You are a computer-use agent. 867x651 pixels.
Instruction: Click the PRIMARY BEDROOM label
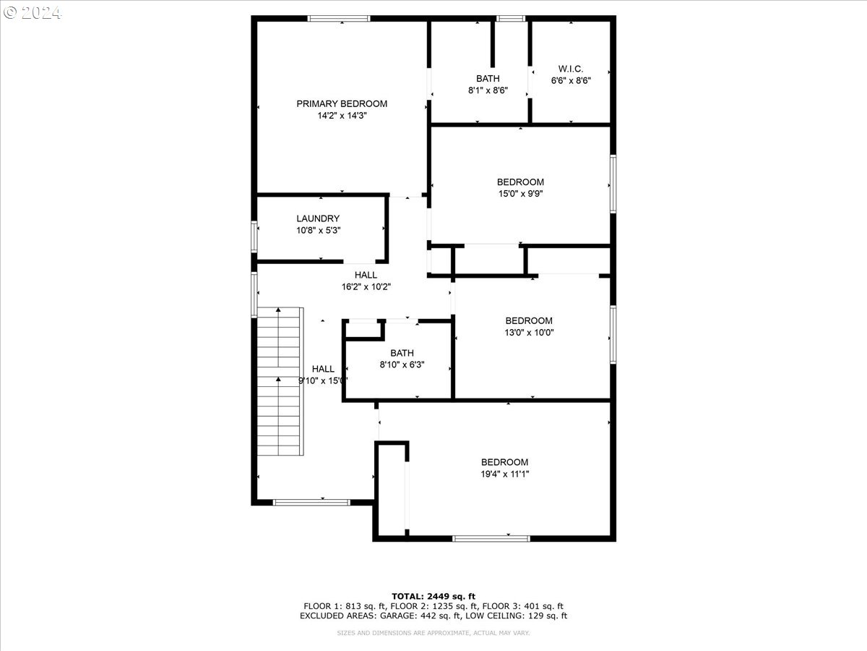tap(342, 103)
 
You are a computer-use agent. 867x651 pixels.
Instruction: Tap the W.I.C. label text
tap(571, 69)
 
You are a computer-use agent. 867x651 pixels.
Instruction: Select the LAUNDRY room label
tap(318, 218)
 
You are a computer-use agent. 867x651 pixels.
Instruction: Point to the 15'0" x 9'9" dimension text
tap(521, 194)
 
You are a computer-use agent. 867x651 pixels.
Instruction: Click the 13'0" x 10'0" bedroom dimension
tap(529, 333)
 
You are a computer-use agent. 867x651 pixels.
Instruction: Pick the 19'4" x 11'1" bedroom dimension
tap(505, 474)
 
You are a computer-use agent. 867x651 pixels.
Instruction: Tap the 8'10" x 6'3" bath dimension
tap(402, 365)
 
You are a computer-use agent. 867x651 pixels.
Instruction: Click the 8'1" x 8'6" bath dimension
tap(488, 90)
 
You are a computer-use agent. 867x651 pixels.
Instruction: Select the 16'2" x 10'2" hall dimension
tap(366, 286)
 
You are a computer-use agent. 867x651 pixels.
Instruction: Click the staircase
tap(280, 381)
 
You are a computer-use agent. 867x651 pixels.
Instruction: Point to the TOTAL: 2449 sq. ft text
tap(433, 597)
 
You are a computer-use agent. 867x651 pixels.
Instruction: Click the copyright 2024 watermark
tap(33, 12)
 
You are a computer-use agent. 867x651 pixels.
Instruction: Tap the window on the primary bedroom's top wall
tap(339, 19)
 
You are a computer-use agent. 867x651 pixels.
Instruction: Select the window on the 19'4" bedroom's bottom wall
tap(491, 539)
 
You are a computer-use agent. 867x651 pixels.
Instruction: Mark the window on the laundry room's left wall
tap(254, 237)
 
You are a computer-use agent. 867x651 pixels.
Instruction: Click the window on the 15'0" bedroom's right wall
tap(613, 184)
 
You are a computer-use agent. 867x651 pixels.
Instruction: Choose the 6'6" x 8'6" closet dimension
tap(571, 80)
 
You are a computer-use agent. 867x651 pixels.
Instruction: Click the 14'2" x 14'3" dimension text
tap(342, 116)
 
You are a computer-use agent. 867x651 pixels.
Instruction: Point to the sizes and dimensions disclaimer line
tap(433, 633)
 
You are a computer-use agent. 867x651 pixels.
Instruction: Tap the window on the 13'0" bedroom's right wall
tap(613, 335)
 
